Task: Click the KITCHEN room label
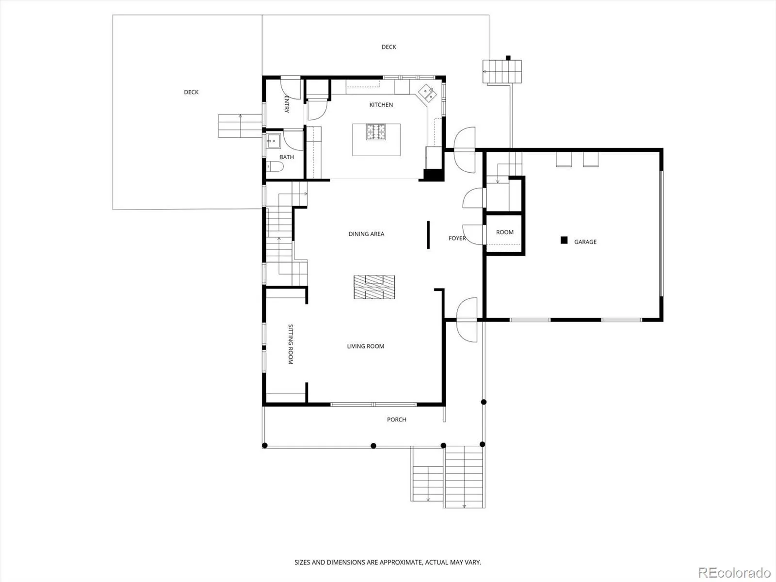[381, 105]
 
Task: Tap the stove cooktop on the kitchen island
[375, 132]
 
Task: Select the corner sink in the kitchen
[427, 93]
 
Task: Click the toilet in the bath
[275, 166]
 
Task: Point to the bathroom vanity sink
[273, 141]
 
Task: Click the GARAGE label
[585, 242]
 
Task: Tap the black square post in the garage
[564, 240]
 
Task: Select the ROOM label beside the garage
[504, 232]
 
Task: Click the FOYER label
[457, 238]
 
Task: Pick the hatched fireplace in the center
[374, 287]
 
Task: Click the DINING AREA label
[366, 234]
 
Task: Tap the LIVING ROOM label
[366, 346]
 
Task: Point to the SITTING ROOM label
[291, 344]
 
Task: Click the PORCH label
[396, 420]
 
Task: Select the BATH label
[286, 157]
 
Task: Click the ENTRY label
[287, 104]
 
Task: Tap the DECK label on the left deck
[191, 92]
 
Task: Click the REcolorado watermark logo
[734, 572]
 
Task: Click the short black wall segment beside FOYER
[428, 235]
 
